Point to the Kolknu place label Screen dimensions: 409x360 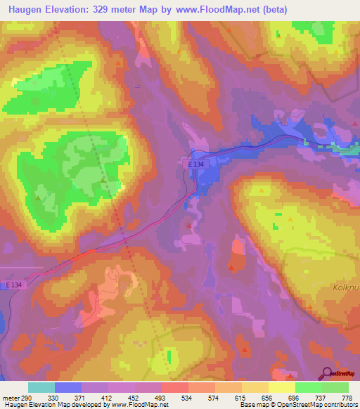click(x=344, y=287)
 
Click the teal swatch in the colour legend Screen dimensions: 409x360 click(x=41, y=388)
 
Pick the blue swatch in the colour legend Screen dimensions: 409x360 click(x=67, y=388)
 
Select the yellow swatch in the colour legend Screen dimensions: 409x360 click(x=281, y=388)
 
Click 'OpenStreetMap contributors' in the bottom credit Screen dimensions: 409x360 click(x=324, y=405)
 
